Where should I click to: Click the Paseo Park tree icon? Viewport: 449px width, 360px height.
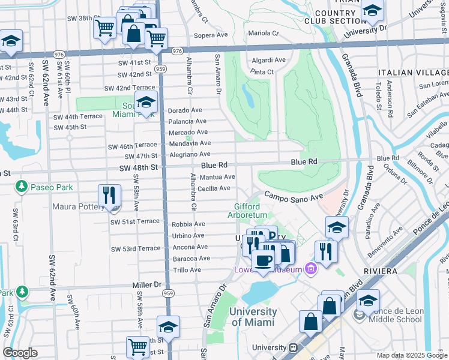click(x=22, y=187)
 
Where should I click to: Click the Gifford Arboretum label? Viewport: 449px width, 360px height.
click(x=251, y=211)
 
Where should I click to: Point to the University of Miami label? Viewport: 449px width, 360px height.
click(x=253, y=317)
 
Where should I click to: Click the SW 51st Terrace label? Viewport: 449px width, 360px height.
click(x=135, y=221)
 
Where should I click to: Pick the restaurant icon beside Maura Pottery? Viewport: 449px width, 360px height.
click(x=109, y=196)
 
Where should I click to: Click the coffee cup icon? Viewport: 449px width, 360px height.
click(x=263, y=260)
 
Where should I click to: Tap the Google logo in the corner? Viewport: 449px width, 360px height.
click(x=20, y=353)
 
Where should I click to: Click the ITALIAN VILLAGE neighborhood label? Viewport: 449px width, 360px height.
click(x=413, y=73)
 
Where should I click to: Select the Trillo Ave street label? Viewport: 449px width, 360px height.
click(x=187, y=270)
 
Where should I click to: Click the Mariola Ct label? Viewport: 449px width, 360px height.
click(x=264, y=33)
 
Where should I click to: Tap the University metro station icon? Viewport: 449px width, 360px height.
click(x=294, y=347)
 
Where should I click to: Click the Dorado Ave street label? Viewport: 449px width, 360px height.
click(x=185, y=110)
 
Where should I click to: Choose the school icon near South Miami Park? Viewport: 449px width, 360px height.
click(x=145, y=102)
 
